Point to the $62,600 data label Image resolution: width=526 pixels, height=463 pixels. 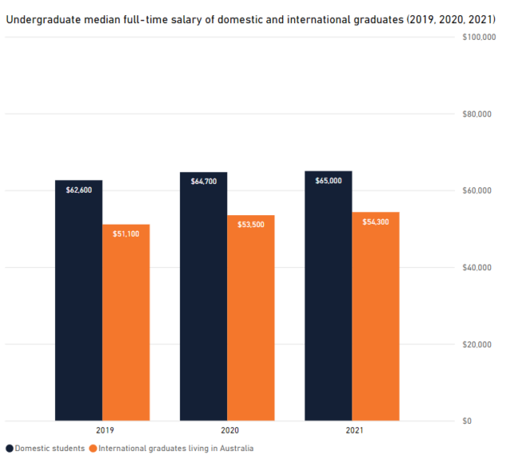tap(78, 190)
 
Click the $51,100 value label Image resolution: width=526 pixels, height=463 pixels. tap(126, 233)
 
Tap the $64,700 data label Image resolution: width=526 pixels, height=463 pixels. tap(203, 182)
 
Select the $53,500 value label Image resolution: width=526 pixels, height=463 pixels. tap(250, 225)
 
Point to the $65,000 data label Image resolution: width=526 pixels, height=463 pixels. tap(328, 181)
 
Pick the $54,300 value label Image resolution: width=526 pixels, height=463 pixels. tap(375, 222)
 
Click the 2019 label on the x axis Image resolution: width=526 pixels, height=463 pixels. tap(102, 431)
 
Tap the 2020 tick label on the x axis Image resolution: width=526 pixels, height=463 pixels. tap(227, 431)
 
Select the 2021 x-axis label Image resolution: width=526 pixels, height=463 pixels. tap(352, 431)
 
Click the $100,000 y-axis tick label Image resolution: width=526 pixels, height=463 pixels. tap(478, 37)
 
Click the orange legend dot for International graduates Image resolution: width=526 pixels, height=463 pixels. tap(93, 449)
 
